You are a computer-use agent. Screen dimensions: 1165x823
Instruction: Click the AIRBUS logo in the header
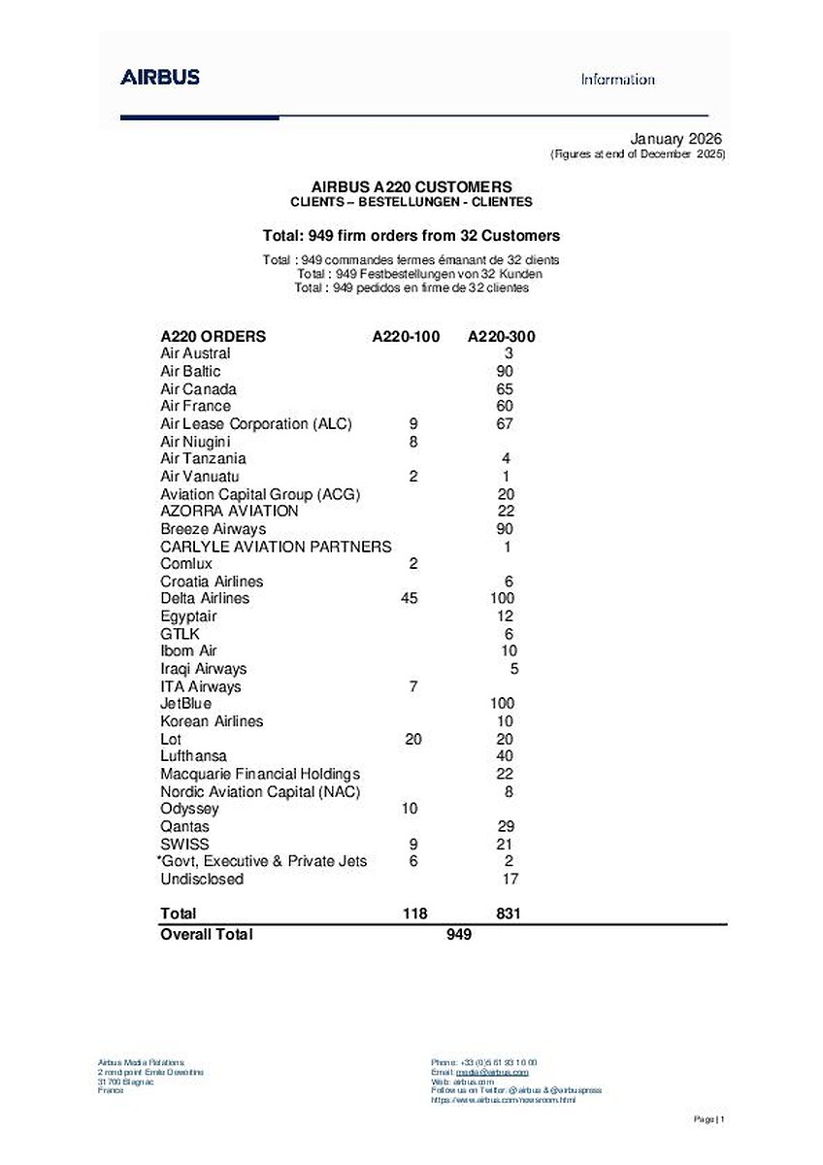pyautogui.click(x=160, y=78)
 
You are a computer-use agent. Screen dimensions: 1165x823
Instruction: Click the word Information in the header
pyautogui.click(x=618, y=80)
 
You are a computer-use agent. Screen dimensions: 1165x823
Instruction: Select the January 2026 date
pyautogui.click(x=676, y=139)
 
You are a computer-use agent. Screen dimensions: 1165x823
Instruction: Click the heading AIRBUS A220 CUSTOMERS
pyautogui.click(x=411, y=186)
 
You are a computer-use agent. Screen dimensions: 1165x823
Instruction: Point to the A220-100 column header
pyautogui.click(x=406, y=337)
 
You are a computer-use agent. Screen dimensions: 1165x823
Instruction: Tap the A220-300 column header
pyautogui.click(x=502, y=337)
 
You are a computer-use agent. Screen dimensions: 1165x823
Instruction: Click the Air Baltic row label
pyautogui.click(x=190, y=371)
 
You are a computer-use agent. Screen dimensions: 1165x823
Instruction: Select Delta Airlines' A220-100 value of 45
pyautogui.click(x=409, y=598)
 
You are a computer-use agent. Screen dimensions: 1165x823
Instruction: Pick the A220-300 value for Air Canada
pyautogui.click(x=504, y=389)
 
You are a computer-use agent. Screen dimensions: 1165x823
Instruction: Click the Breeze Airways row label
pyautogui.click(x=213, y=529)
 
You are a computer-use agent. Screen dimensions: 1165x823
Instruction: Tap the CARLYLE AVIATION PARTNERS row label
pyautogui.click(x=276, y=547)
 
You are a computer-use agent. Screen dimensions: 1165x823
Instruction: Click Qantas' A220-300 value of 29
pyautogui.click(x=504, y=826)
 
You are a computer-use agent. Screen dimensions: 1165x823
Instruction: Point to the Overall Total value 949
pyautogui.click(x=459, y=934)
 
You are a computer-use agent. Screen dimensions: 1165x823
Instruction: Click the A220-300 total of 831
pyautogui.click(x=509, y=914)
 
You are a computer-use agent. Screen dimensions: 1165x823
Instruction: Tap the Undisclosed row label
pyautogui.click(x=202, y=880)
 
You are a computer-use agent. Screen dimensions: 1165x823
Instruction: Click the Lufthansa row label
pyautogui.click(x=194, y=756)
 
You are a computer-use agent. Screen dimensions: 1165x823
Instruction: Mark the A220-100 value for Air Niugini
pyautogui.click(x=413, y=442)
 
